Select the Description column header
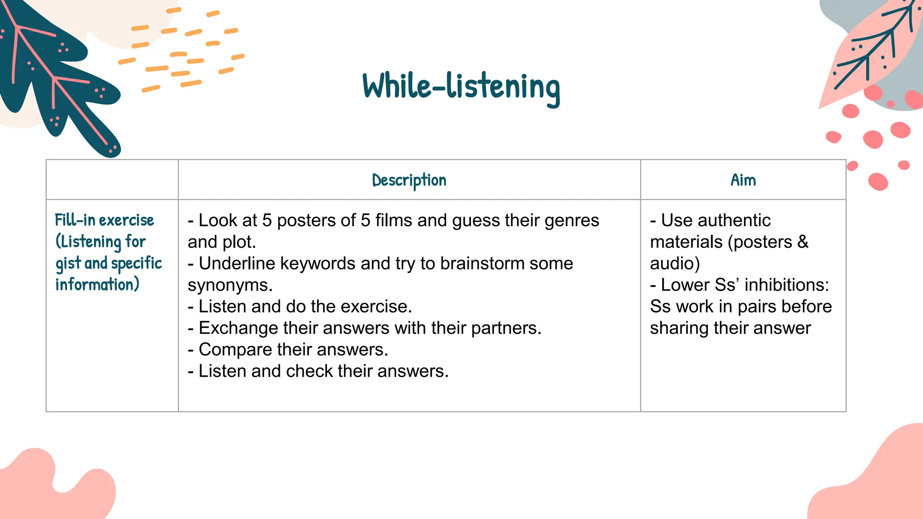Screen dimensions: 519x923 (x=409, y=181)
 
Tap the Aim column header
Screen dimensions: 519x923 (x=743, y=180)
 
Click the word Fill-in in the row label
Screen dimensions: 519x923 (x=75, y=220)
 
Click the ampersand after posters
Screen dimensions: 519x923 (x=803, y=242)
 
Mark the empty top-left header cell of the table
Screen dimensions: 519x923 (x=112, y=180)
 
